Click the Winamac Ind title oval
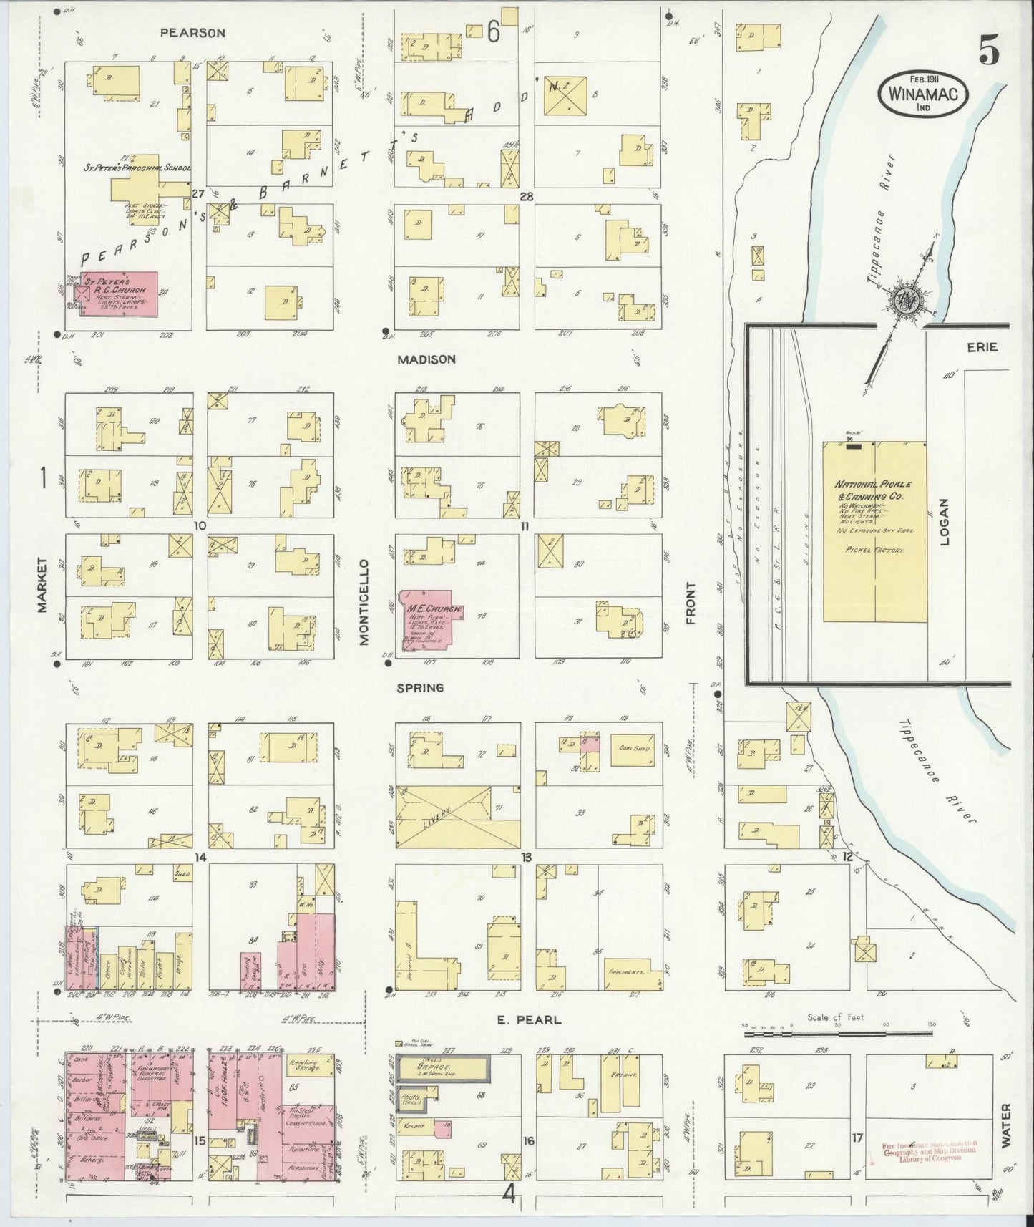pos(924,94)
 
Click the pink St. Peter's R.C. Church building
pos(119,294)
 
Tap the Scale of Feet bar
pos(838,1034)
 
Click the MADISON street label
pos(427,359)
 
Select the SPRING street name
pos(421,687)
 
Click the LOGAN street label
pos(943,522)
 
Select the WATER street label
pos(1005,1126)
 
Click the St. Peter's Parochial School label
pos(136,168)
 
